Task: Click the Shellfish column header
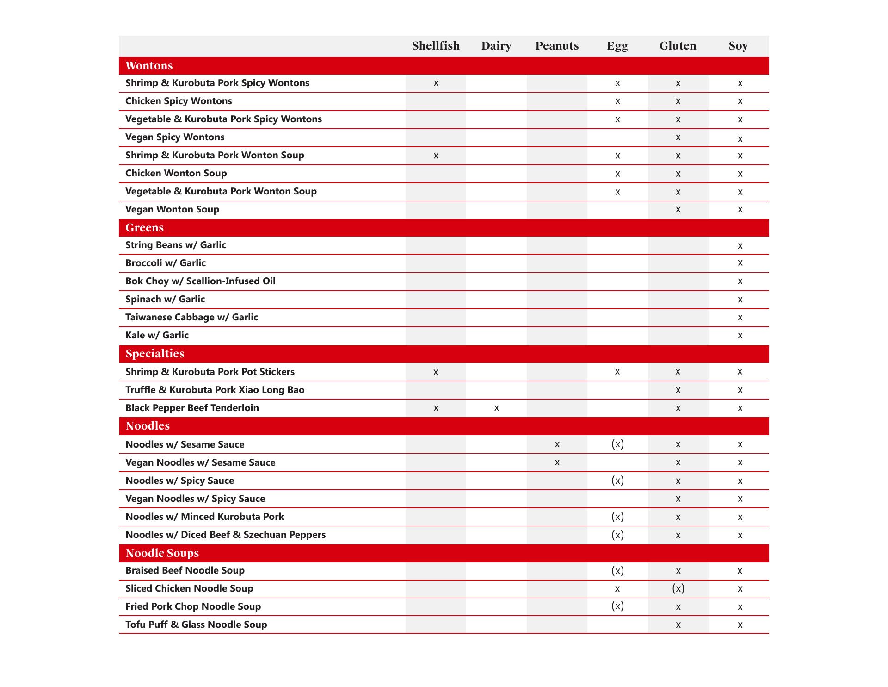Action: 436,46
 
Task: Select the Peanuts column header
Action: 557,46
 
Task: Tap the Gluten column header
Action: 678,46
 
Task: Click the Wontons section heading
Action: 149,66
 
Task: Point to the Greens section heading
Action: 144,228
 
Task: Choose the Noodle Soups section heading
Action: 162,553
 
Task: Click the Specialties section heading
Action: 154,354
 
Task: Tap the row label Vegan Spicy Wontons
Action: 175,137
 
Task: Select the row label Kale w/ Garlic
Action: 157,335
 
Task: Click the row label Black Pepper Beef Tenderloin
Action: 192,408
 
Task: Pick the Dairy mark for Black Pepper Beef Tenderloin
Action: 496,408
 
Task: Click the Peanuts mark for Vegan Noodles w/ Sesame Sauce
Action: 557,462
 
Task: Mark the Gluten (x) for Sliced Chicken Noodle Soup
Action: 678,588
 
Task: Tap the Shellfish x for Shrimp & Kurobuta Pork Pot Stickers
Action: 436,372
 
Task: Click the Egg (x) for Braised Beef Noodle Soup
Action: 617,570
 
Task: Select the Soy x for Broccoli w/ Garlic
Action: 740,263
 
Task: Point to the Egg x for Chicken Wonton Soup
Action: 617,174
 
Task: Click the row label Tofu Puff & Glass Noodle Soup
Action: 196,625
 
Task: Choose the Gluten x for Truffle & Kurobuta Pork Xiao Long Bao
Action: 678,390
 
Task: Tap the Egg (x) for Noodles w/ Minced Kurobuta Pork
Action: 617,517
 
